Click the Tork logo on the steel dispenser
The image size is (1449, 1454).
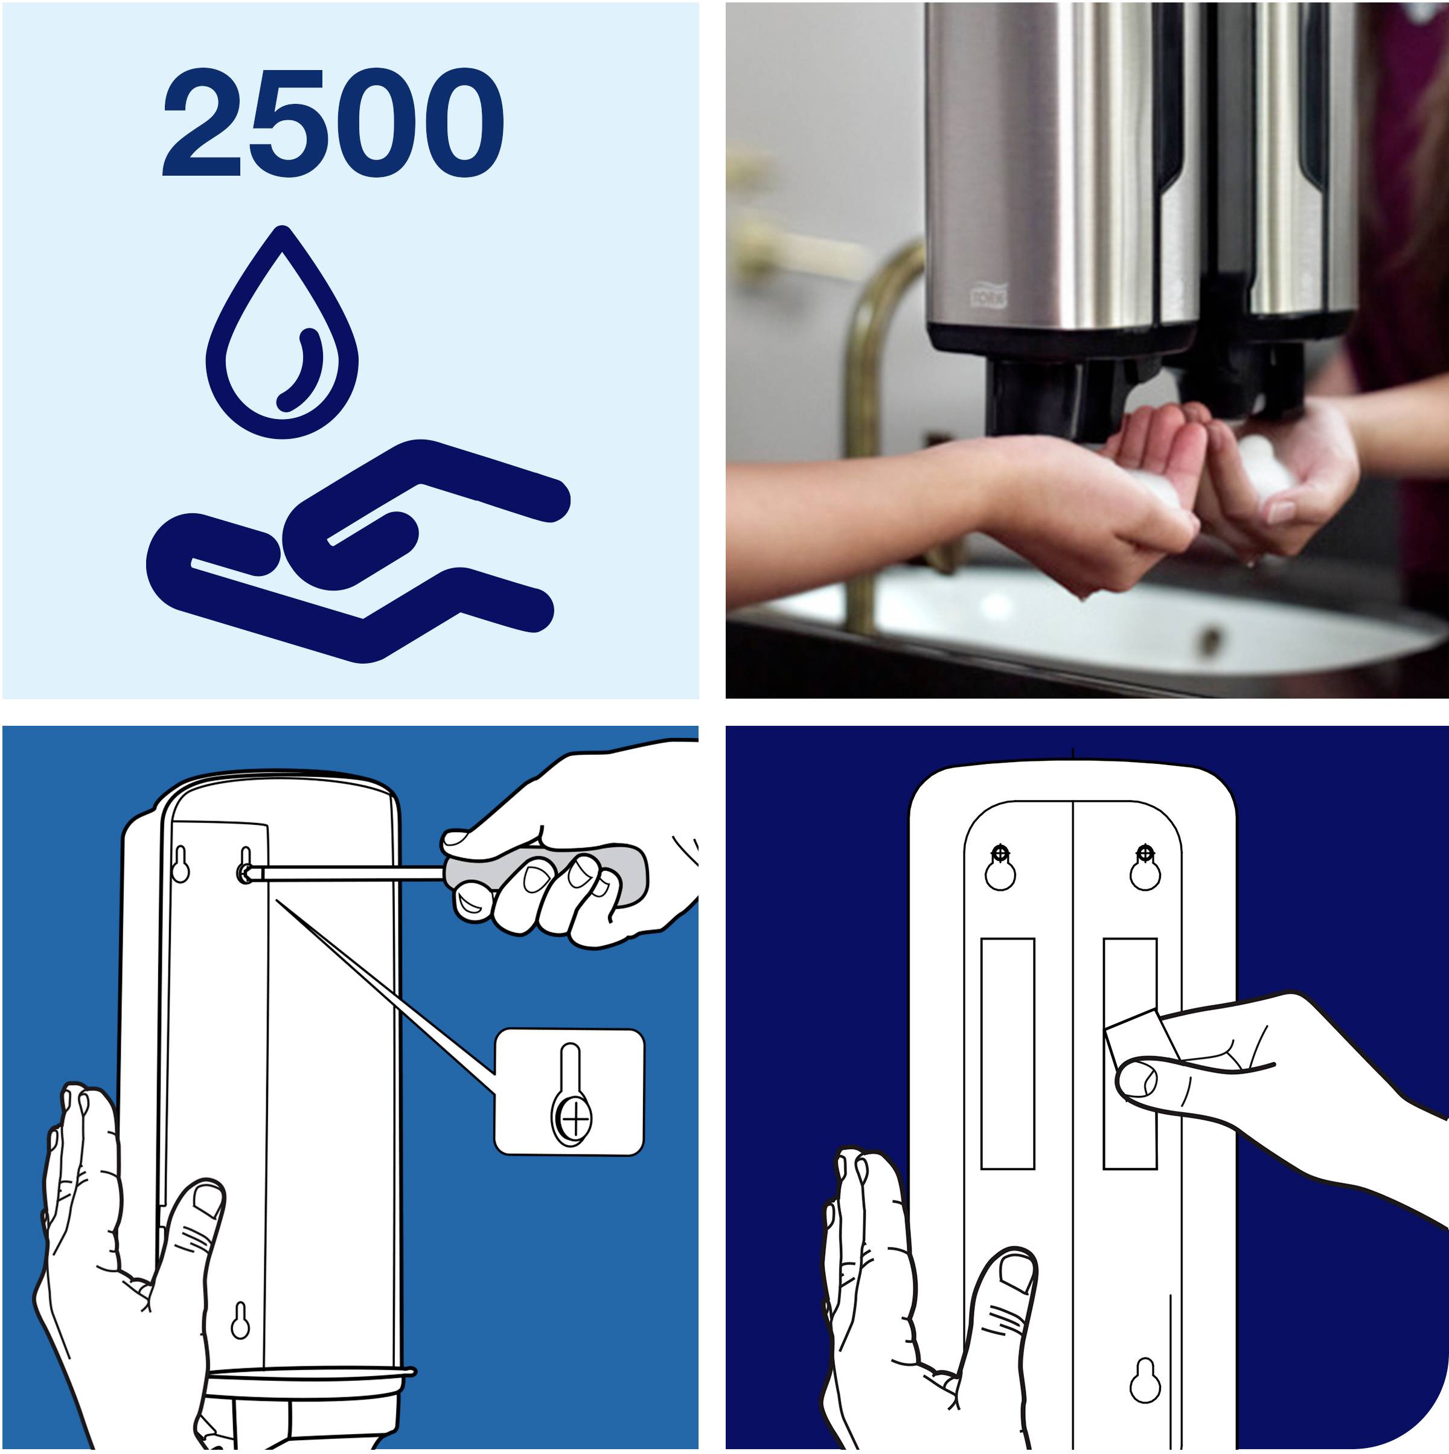987,295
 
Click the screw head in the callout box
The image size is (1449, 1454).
575,1121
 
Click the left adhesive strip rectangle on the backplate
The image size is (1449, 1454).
1008,1054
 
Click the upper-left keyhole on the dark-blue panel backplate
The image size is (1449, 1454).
1000,868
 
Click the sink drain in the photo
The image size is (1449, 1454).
1211,639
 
